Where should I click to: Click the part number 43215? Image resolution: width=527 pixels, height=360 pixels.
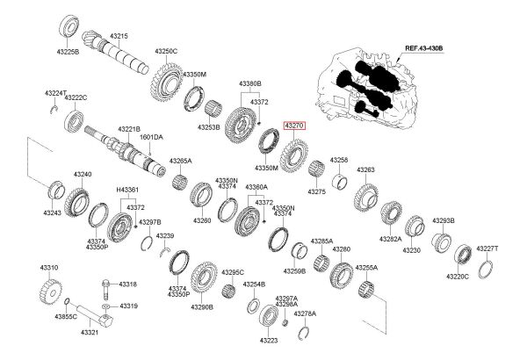[119, 36]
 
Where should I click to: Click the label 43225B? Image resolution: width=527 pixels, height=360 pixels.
[69, 53]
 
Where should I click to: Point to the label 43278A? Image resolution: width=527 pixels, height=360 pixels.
[305, 313]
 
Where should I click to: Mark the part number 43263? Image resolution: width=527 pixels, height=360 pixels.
[365, 169]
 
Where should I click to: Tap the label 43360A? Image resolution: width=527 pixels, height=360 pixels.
[256, 187]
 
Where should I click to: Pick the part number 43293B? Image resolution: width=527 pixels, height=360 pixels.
[443, 220]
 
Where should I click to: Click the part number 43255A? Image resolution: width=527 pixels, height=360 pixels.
[366, 267]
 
